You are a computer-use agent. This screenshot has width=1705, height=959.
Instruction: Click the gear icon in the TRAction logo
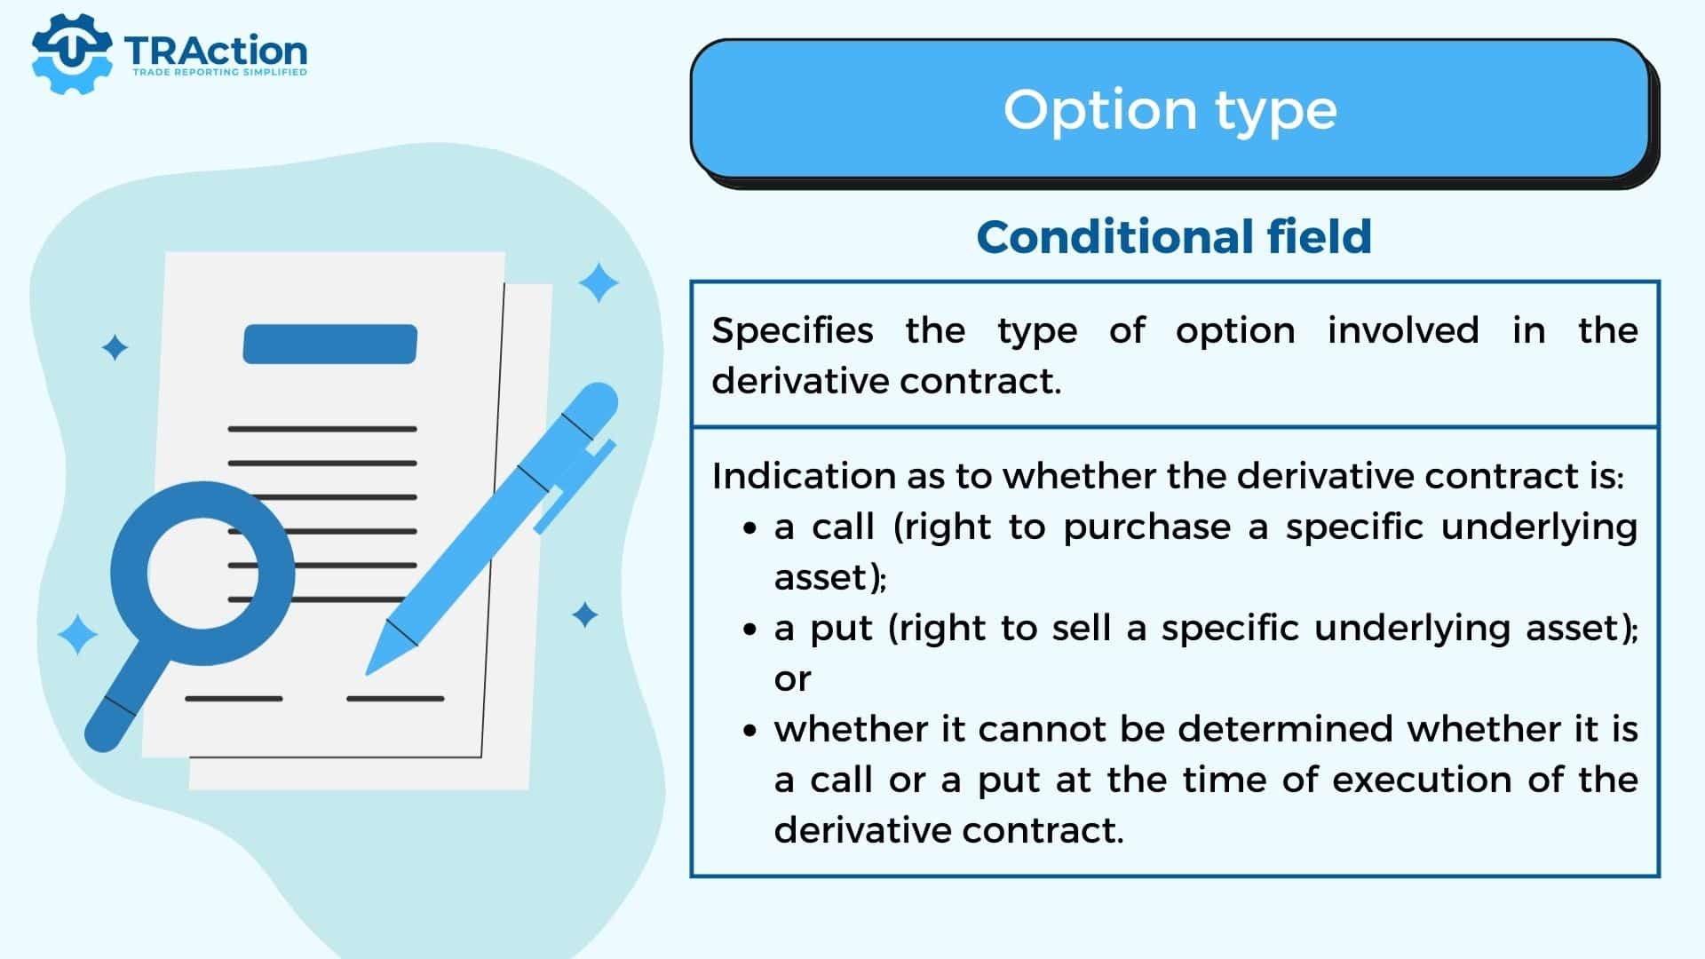point(72,54)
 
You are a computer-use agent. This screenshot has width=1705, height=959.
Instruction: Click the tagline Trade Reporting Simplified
point(219,72)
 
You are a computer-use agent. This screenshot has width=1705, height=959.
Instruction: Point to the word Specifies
point(792,331)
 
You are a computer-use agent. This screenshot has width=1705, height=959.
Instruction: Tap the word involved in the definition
point(1403,330)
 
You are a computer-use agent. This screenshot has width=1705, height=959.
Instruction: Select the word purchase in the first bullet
point(1147,528)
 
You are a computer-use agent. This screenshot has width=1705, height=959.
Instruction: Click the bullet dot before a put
point(751,630)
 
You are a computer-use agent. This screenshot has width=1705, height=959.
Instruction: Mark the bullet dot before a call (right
point(751,529)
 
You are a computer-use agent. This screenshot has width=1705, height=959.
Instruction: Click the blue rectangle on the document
point(330,344)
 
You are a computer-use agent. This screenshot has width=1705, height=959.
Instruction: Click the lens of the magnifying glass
point(202,573)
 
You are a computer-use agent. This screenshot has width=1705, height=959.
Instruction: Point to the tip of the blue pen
point(368,673)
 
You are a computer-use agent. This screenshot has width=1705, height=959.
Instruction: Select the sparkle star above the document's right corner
point(599,283)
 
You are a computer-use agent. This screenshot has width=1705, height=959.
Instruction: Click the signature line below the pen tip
point(395,699)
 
